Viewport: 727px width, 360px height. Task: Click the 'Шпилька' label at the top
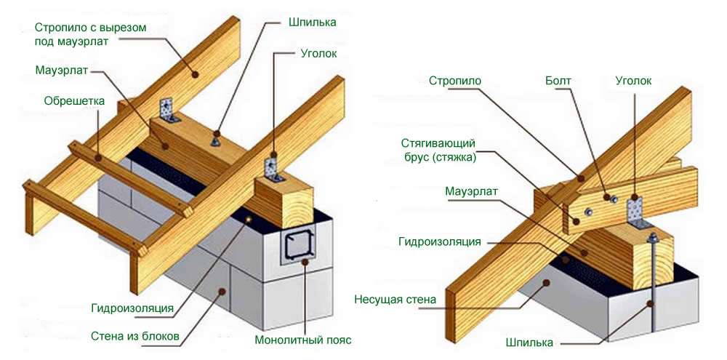311,23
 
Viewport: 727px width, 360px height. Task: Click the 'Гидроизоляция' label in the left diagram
132,308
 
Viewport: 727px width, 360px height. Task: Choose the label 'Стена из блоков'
135,337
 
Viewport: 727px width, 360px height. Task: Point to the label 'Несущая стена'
395,299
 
